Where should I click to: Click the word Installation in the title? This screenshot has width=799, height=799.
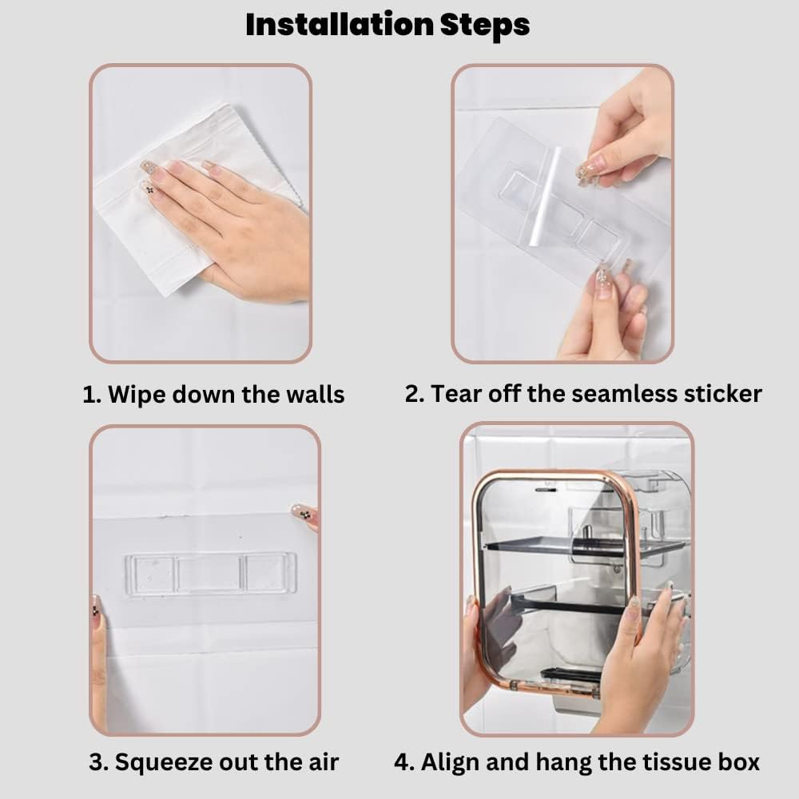(x=340, y=25)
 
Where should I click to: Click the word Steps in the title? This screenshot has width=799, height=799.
(x=485, y=26)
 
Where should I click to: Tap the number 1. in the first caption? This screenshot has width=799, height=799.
(x=92, y=395)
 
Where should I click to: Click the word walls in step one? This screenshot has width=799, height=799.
(x=315, y=395)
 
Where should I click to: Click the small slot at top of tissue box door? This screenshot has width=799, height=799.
(x=546, y=489)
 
